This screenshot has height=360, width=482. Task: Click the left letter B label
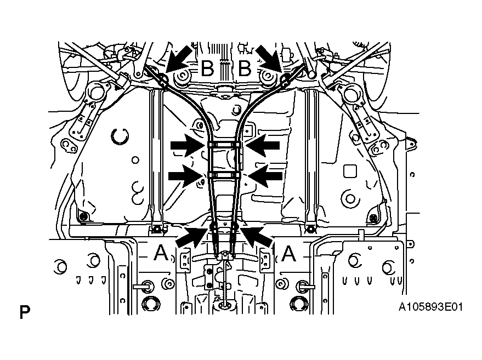pos(207,68)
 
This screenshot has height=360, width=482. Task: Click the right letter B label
pos(245,68)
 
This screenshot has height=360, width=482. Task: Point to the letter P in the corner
pos(25,312)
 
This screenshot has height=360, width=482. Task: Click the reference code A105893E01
pos(430,307)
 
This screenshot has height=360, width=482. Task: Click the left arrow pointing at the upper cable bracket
pos(188,145)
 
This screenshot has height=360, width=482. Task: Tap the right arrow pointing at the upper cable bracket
pos(263,145)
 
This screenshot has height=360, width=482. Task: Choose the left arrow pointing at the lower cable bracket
pos(186,176)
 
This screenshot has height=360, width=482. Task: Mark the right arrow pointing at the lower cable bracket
pos(265,176)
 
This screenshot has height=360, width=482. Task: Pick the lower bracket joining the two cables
pos(224,175)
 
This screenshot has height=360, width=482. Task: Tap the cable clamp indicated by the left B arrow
pos(163,81)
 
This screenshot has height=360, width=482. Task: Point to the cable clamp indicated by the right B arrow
pos(285,81)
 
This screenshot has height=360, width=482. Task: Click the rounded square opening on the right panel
pos(350,172)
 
